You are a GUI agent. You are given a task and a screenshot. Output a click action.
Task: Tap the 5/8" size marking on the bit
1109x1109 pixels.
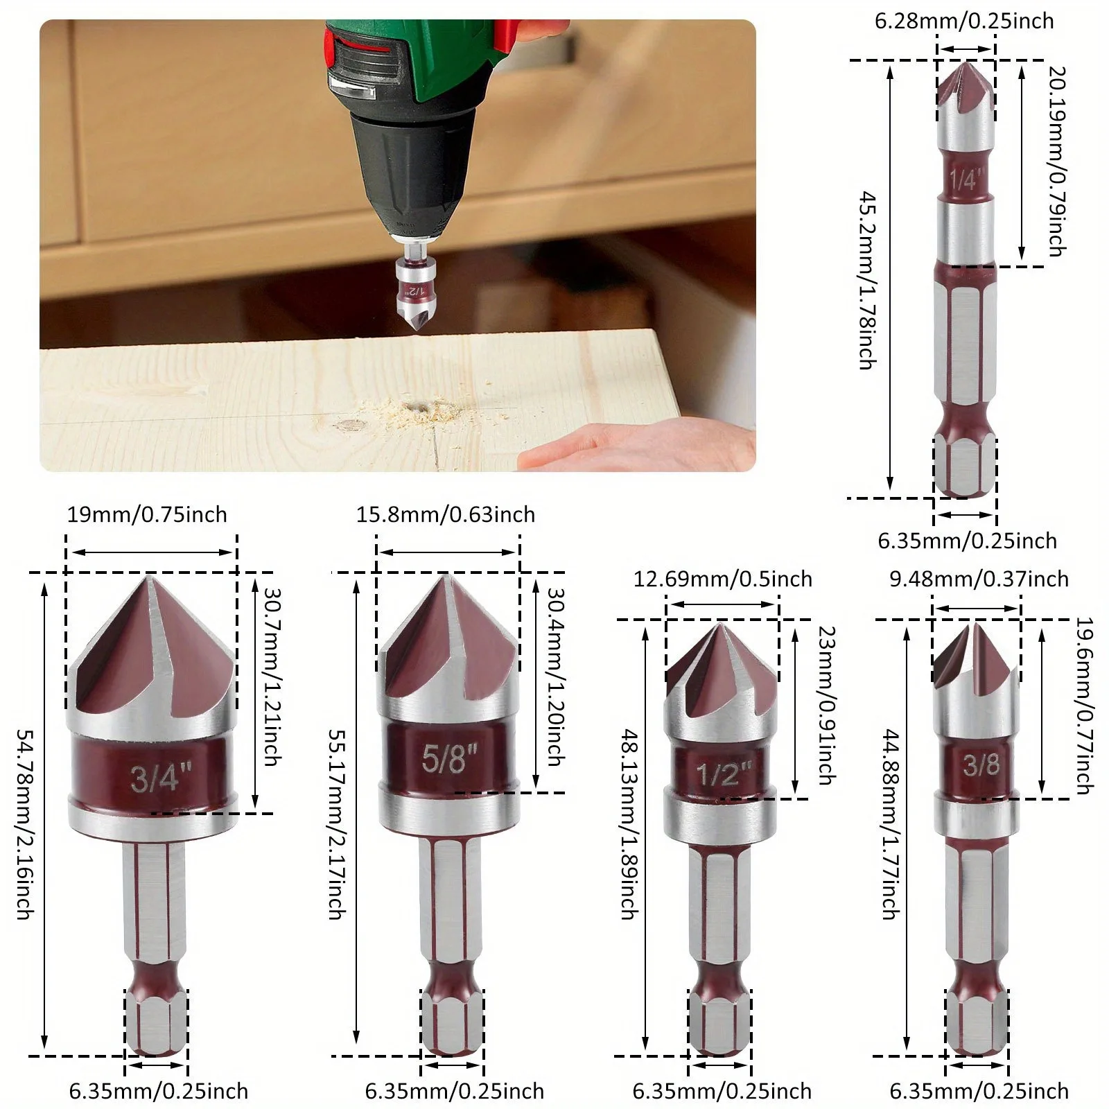point(450,757)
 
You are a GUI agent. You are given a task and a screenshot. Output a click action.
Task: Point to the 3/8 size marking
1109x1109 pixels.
point(981,765)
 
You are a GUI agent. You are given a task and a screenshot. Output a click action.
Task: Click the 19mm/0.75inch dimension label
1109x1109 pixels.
point(147,515)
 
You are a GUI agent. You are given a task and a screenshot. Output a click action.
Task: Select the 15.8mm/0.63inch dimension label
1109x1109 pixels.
point(446,515)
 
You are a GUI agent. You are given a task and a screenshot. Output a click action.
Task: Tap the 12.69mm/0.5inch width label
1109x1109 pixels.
point(722,579)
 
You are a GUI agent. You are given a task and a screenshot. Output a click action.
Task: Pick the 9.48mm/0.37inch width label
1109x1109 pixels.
point(979,579)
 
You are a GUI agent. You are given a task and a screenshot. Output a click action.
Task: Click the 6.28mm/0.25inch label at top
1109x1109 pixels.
point(963,21)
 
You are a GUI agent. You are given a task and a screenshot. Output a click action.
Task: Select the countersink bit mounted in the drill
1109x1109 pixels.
point(414,291)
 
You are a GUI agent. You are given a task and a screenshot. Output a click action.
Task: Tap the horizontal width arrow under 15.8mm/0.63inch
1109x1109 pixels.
point(448,552)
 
